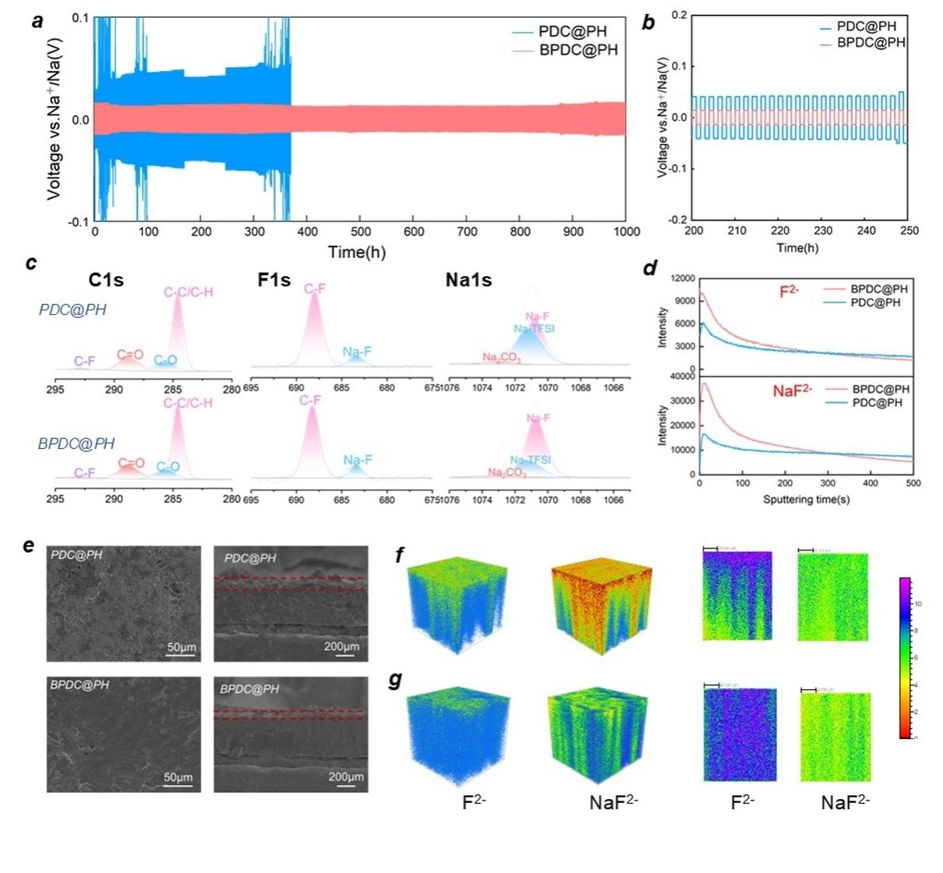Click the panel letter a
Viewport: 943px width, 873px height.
(x=37, y=22)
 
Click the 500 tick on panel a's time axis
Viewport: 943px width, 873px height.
(x=361, y=232)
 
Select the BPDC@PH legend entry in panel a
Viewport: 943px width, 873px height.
(x=577, y=50)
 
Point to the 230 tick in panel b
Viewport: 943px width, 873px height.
(x=823, y=231)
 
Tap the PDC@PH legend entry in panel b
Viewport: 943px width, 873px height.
(x=866, y=27)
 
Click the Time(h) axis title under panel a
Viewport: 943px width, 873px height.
(x=357, y=252)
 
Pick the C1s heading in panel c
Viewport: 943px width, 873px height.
(x=106, y=280)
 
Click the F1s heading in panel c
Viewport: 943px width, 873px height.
(x=274, y=280)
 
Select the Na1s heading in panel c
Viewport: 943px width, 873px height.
(x=468, y=280)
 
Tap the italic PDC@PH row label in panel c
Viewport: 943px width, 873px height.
(x=72, y=309)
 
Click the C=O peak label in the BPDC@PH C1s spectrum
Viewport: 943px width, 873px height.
(x=131, y=463)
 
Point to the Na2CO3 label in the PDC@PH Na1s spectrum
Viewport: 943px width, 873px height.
(x=501, y=357)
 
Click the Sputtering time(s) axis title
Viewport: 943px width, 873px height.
(x=807, y=499)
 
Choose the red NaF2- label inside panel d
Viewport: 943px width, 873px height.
(x=793, y=391)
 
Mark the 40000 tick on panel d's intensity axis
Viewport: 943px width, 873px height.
(x=683, y=376)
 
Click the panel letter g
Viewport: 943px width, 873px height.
(x=396, y=680)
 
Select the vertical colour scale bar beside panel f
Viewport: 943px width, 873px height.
(x=905, y=657)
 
